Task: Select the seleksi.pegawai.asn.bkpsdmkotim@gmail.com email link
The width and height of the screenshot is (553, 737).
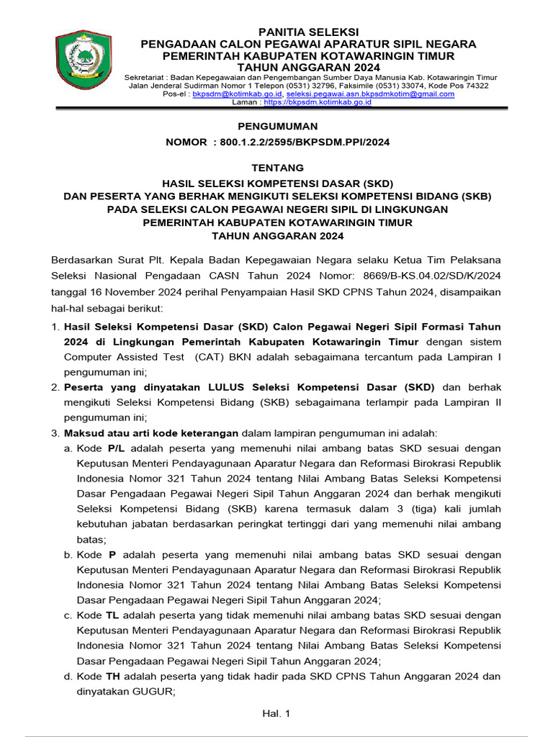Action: [x=370, y=94]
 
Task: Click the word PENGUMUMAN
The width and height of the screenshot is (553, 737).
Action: [x=277, y=126]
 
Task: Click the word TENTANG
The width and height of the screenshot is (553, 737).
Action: [x=277, y=168]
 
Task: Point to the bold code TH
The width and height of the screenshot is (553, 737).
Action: [x=113, y=677]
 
